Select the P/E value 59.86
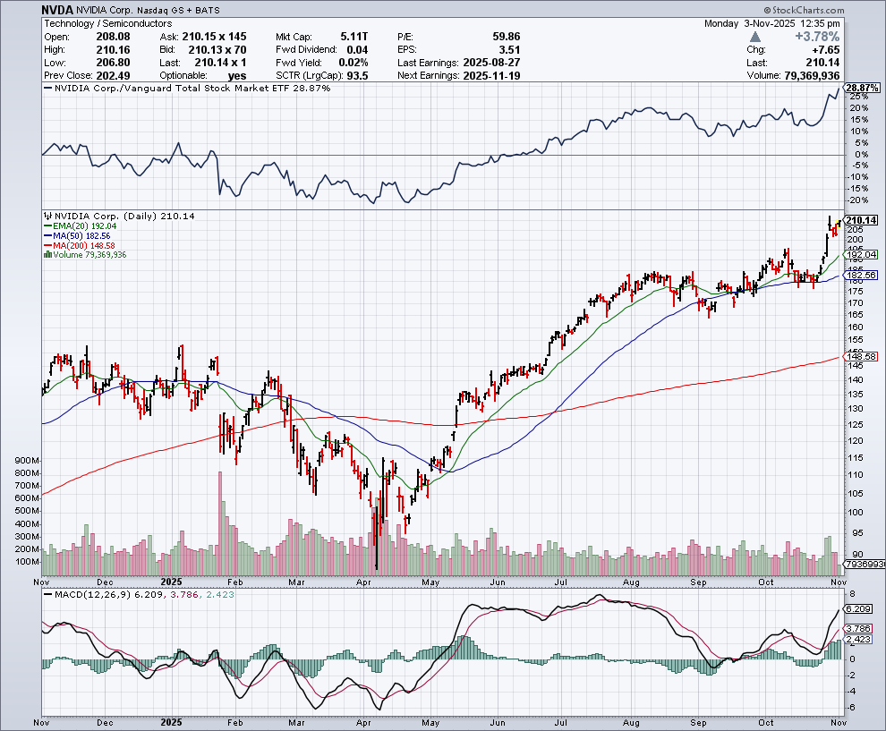tap(506, 37)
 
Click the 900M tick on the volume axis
tap(27, 460)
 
